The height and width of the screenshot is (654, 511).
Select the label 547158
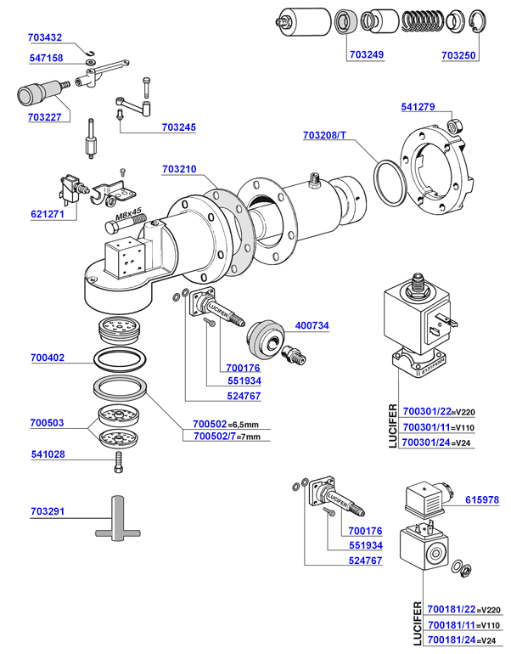[44, 59]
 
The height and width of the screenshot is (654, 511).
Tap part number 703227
[44, 118]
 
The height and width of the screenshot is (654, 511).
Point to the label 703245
[178, 128]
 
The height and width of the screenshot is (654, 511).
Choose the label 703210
[178, 170]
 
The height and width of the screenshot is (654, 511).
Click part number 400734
[312, 325]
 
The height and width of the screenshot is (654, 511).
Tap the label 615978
[482, 500]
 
